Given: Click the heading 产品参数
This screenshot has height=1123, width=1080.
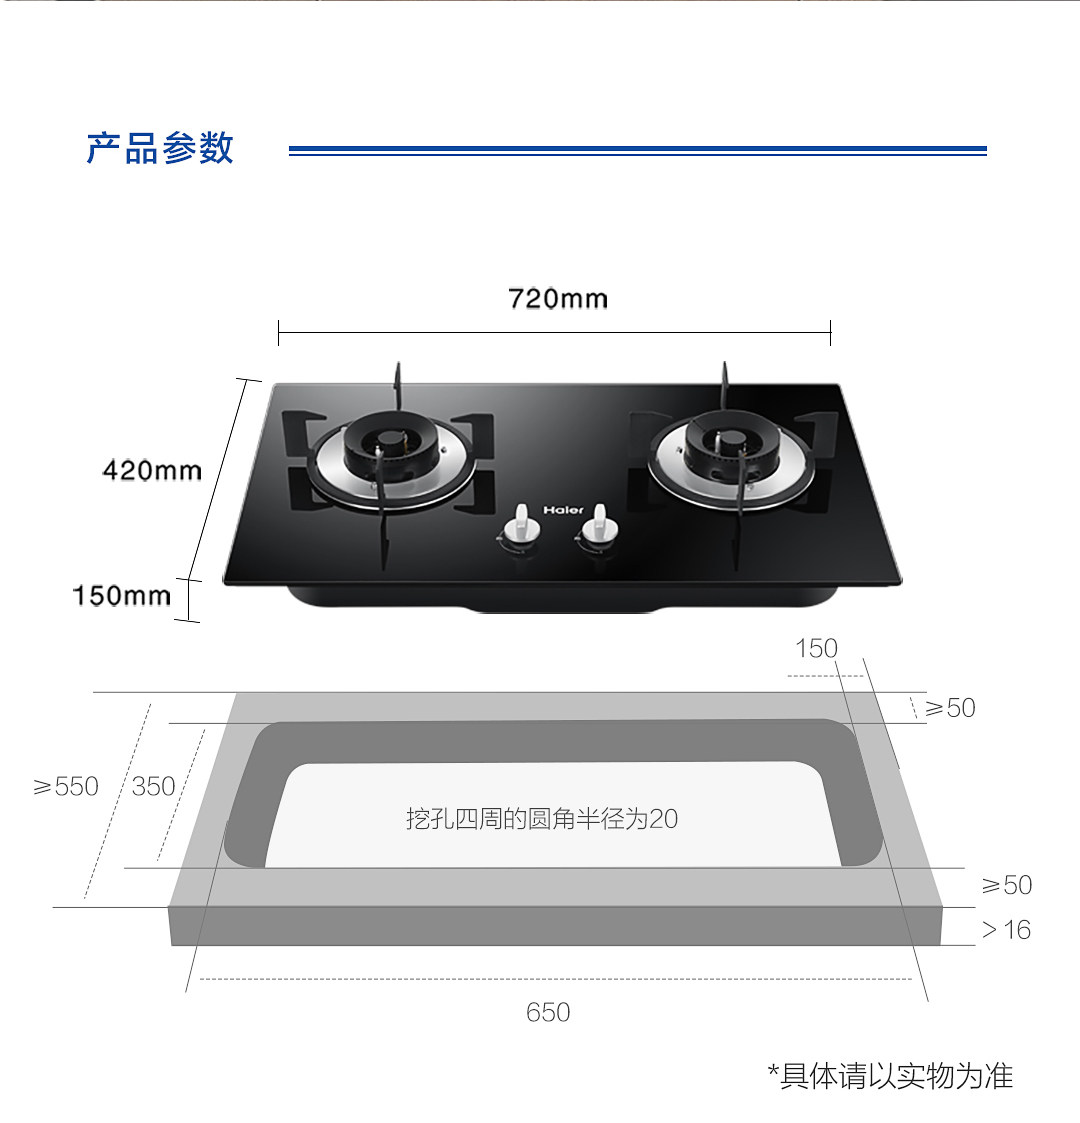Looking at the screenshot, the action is pyautogui.click(x=160, y=148).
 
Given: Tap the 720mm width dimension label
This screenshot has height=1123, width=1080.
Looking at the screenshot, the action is pyautogui.click(x=557, y=299).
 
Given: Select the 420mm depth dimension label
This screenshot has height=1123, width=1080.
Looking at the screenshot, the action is pyautogui.click(x=152, y=470).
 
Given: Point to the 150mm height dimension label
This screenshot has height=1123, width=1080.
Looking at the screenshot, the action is pyautogui.click(x=121, y=596).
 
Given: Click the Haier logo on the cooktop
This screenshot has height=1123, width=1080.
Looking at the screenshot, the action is pyautogui.click(x=563, y=510).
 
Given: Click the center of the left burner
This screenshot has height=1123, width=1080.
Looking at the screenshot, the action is pyautogui.click(x=390, y=446).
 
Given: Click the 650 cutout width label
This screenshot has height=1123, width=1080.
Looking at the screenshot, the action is pyautogui.click(x=548, y=1013).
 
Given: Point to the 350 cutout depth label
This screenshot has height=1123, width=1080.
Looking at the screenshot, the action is pyautogui.click(x=153, y=787).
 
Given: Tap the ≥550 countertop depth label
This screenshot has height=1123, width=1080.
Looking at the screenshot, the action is pyautogui.click(x=66, y=787).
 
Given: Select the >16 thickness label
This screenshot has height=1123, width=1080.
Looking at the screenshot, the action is pyautogui.click(x=1006, y=930).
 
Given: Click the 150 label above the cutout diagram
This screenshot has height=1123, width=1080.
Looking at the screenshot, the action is pyautogui.click(x=816, y=649).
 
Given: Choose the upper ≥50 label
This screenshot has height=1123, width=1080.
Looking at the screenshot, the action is pyautogui.click(x=950, y=708).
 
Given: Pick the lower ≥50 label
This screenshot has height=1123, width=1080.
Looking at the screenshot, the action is pyautogui.click(x=1006, y=885).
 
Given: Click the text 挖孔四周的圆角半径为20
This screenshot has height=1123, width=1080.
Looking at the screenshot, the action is pyautogui.click(x=541, y=819).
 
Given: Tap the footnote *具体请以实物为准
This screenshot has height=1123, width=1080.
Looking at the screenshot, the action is pyautogui.click(x=890, y=1076).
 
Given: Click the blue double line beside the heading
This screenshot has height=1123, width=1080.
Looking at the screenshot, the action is pyautogui.click(x=637, y=150).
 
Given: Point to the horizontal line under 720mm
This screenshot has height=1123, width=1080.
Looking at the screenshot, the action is pyautogui.click(x=554, y=333).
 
